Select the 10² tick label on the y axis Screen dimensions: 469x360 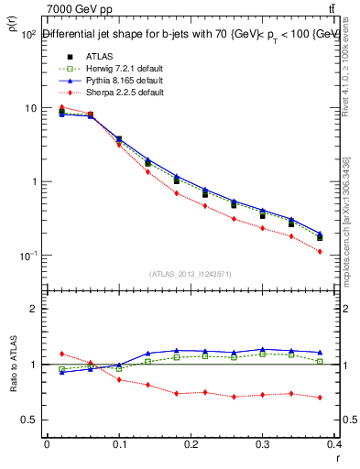point(27,35)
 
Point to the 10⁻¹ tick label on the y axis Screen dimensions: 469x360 point(27,255)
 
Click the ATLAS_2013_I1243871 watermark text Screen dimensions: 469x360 point(191,274)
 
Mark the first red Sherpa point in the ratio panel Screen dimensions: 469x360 point(61,354)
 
